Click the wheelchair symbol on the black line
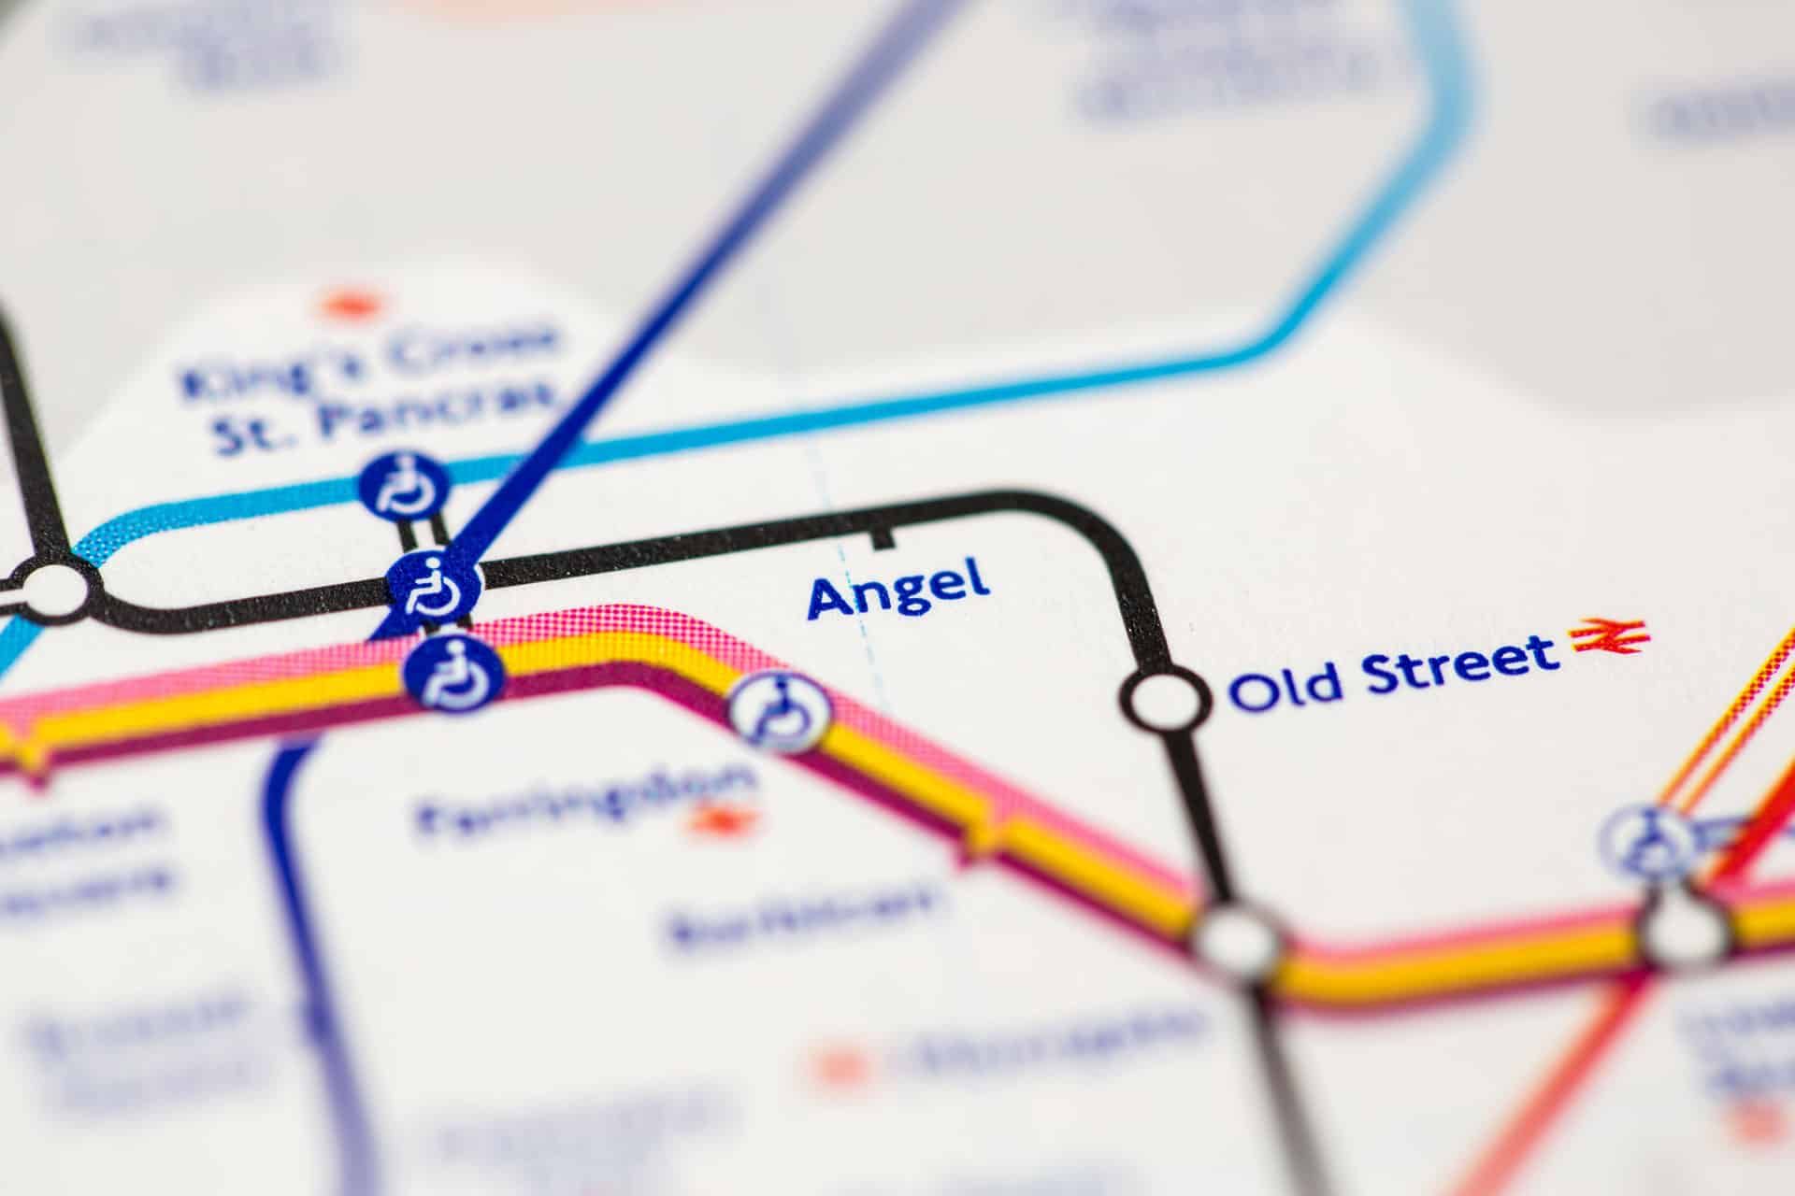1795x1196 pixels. pyautogui.click(x=434, y=587)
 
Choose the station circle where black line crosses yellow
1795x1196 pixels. pyautogui.click(x=1236, y=940)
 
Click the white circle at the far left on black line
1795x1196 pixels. pyautogui.click(x=52, y=590)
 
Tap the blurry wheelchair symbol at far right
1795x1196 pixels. pyautogui.click(x=1645, y=843)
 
